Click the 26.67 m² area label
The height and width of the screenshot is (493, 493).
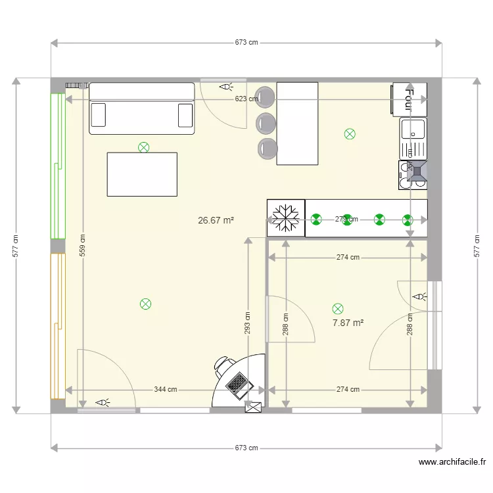point(216,221)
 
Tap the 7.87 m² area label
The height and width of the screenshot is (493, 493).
point(348,323)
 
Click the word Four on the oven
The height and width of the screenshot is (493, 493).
point(409,99)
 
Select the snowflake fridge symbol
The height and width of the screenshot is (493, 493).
point(286,217)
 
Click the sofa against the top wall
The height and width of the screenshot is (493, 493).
point(142,108)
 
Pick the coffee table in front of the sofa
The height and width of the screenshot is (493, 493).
point(142,174)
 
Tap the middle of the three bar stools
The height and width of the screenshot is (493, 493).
point(266,122)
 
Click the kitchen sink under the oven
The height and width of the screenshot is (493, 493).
point(413,139)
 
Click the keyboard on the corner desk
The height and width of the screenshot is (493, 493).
point(238,382)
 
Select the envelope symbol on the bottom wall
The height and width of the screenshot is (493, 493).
point(253,408)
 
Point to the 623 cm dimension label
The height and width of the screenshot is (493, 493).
point(246,99)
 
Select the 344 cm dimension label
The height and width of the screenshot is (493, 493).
point(166,389)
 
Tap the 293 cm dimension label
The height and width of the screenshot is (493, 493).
point(248,322)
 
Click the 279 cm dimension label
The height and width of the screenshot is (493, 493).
point(346,220)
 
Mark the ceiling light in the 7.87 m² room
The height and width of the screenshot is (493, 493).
point(338,308)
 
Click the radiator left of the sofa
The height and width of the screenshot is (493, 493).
point(77,85)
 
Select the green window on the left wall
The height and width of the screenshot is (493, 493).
point(57,166)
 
